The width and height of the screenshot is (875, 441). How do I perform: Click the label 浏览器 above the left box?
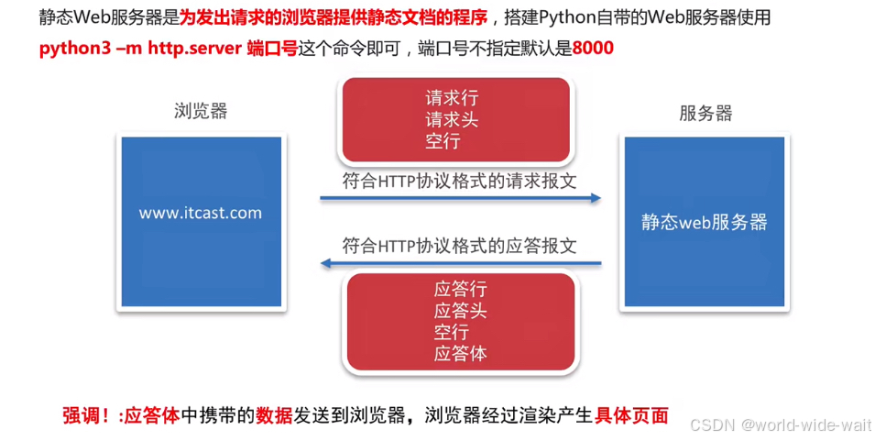201,112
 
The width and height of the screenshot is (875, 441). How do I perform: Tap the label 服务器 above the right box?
705,114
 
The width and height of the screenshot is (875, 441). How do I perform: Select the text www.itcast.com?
201,213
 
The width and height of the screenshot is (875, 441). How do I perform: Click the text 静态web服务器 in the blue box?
704,222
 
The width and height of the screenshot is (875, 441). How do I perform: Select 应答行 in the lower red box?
461,289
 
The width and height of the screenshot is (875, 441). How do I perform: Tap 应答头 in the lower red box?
461,311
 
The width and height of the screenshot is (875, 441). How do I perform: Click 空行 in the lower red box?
452,332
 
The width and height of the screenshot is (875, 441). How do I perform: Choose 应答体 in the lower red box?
461,354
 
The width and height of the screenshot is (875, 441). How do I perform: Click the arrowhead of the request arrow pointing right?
596,197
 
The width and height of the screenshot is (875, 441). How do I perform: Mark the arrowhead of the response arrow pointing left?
324,264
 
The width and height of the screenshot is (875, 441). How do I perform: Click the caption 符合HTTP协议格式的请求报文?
459,180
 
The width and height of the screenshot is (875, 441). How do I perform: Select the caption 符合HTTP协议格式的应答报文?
459,246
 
